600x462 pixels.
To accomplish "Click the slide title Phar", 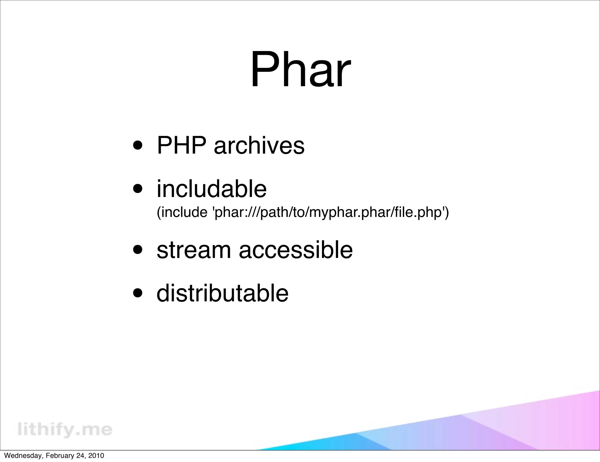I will [x=300, y=70].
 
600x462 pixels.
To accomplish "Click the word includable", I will [x=212, y=189].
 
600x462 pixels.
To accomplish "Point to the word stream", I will [x=194, y=250].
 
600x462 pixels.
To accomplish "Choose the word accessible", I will [x=296, y=250].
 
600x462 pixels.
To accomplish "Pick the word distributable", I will [x=222, y=293].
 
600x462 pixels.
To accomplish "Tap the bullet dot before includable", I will [x=138, y=189].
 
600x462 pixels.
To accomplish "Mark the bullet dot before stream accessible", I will [x=138, y=250].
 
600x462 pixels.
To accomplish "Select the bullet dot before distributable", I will [x=138, y=293].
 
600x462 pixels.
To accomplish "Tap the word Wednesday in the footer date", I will [x=23, y=456].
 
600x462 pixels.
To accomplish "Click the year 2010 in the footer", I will [x=96, y=456].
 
